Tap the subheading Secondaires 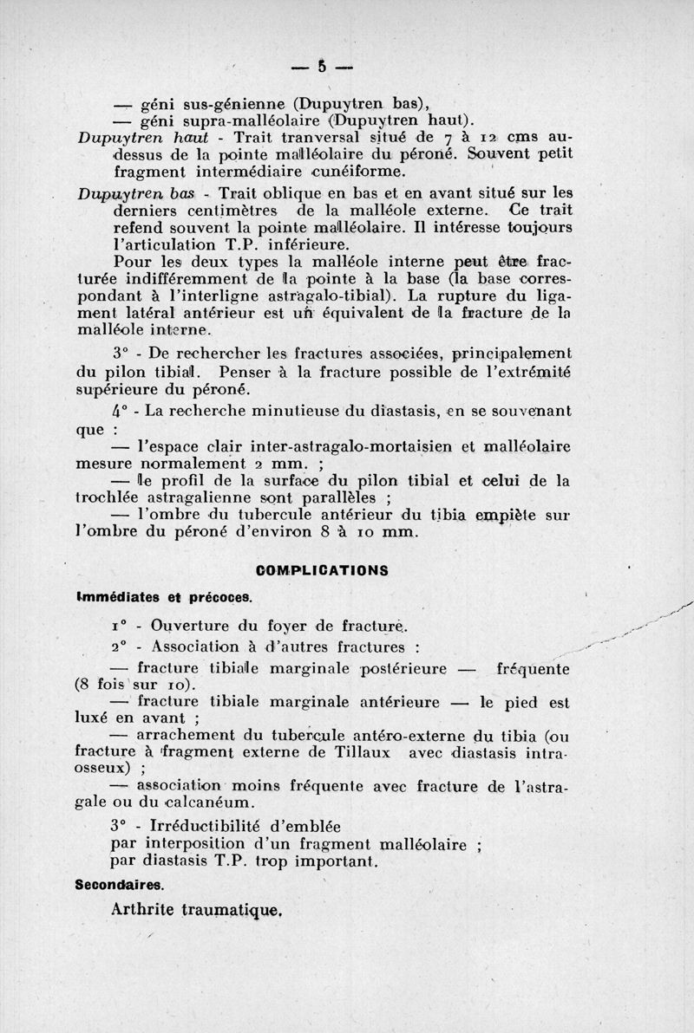tap(119, 885)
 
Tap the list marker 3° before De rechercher tap(121, 354)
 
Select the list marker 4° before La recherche tap(121, 410)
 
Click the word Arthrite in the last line tap(150, 910)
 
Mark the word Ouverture tap(190, 625)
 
